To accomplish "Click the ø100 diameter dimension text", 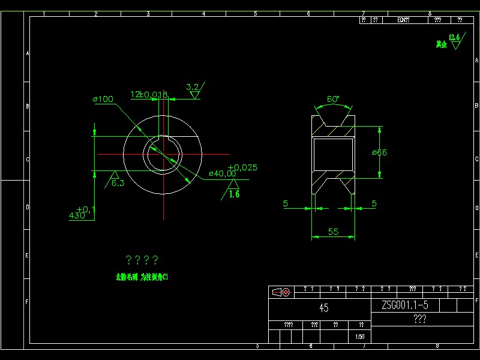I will [x=103, y=99].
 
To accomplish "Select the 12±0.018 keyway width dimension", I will [x=149, y=94].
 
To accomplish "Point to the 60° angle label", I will [x=333, y=98].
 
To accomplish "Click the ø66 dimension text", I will [x=379, y=152].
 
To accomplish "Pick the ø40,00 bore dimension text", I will [x=222, y=173].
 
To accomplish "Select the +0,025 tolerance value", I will [x=242, y=167].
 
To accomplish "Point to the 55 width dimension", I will [x=333, y=232].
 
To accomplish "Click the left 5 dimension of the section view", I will [x=286, y=203].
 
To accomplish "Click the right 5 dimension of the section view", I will [x=374, y=203].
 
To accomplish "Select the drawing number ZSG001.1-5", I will [x=404, y=305].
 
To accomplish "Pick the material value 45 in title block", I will [x=323, y=308].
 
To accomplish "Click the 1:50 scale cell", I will [x=359, y=337].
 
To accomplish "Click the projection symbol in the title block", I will [x=281, y=292].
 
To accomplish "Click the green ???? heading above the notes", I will [x=142, y=260].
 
